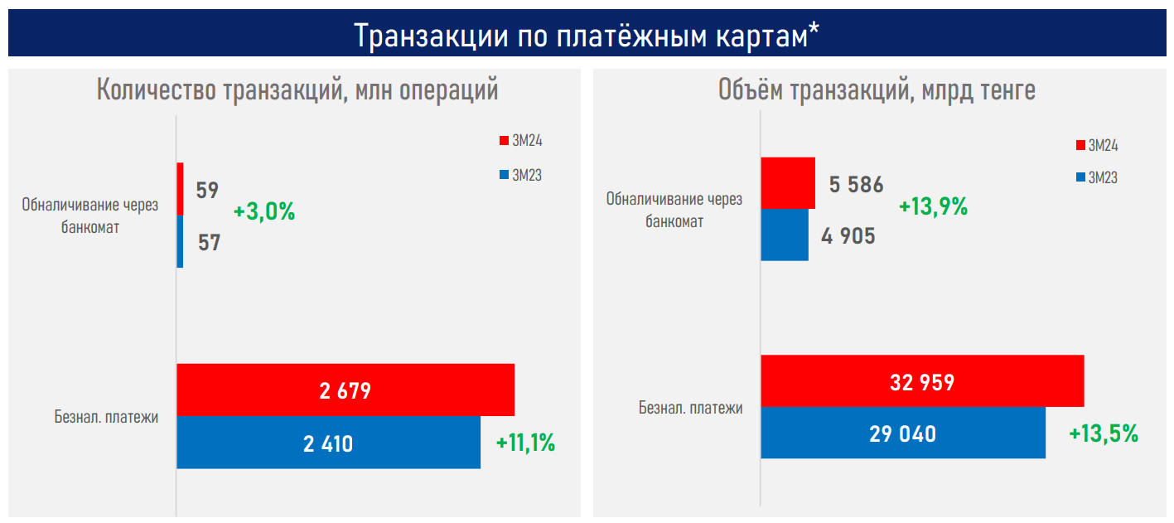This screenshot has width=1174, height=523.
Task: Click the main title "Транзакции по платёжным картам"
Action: (587, 35)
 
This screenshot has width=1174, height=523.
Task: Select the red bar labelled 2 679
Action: (345, 390)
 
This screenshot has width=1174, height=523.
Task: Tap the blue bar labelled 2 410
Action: (328, 443)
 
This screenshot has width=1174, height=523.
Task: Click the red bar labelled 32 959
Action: (922, 381)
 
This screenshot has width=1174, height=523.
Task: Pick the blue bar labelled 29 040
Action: (903, 433)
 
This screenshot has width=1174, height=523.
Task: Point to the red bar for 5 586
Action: (788, 183)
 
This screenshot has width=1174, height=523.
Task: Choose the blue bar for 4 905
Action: (785, 235)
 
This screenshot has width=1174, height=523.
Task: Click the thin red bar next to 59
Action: (180, 189)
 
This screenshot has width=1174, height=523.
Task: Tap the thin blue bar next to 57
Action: (180, 241)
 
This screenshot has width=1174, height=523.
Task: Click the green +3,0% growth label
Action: (264, 211)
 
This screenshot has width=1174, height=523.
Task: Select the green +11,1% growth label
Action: (525, 443)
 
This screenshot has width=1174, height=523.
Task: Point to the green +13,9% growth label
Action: (934, 206)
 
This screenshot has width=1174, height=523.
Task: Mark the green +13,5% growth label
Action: (1104, 433)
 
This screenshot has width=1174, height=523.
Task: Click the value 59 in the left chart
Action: (207, 190)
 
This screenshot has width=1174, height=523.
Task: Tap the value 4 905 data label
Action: (848, 236)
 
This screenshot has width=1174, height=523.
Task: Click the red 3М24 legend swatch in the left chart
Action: (503, 141)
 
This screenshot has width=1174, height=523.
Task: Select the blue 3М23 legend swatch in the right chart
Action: (1080, 177)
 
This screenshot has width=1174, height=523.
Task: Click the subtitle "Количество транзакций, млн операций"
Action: (297, 90)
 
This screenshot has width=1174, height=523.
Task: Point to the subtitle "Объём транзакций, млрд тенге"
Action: (877, 90)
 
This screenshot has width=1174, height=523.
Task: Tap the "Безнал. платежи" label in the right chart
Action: (690, 408)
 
